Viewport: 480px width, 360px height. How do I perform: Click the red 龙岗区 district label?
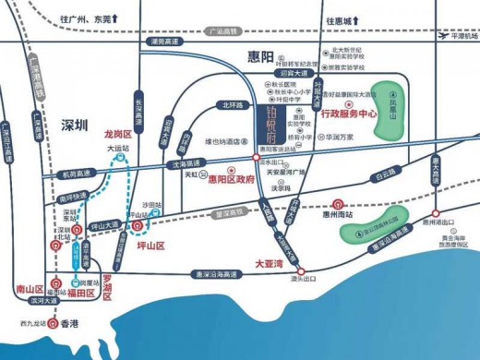[x=119, y=134]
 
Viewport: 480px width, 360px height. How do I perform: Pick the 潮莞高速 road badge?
[x=162, y=41]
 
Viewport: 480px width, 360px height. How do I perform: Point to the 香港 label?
[x=70, y=323]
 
